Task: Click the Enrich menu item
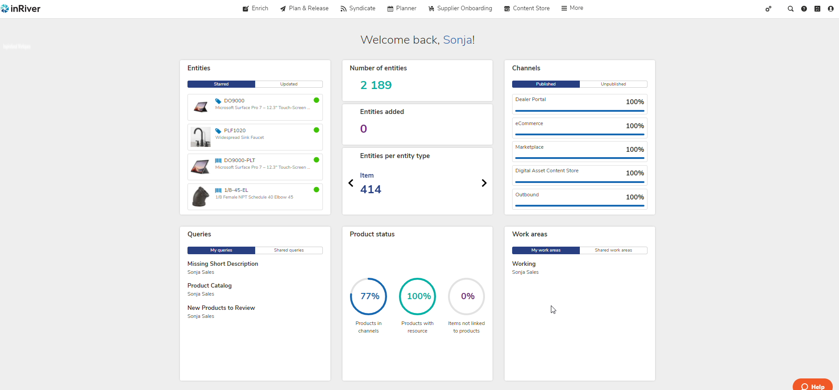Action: (x=256, y=8)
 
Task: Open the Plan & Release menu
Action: (x=304, y=8)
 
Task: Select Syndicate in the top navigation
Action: (x=358, y=8)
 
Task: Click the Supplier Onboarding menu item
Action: (x=460, y=8)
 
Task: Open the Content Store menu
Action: (x=527, y=8)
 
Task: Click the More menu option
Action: (x=572, y=8)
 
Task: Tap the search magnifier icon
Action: (x=790, y=9)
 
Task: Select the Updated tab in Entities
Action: (x=289, y=84)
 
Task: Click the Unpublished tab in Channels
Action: (x=613, y=84)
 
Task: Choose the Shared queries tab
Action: (x=289, y=250)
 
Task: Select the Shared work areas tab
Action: (x=613, y=250)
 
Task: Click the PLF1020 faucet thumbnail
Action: (x=200, y=137)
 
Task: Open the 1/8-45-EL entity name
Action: (x=236, y=190)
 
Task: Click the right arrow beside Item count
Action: (x=484, y=183)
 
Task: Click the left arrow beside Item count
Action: (x=351, y=183)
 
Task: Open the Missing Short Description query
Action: (x=223, y=264)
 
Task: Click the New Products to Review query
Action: (x=221, y=308)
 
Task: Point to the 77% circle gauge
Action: (x=369, y=296)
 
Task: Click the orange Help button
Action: (x=813, y=386)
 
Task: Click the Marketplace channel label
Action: (x=529, y=147)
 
